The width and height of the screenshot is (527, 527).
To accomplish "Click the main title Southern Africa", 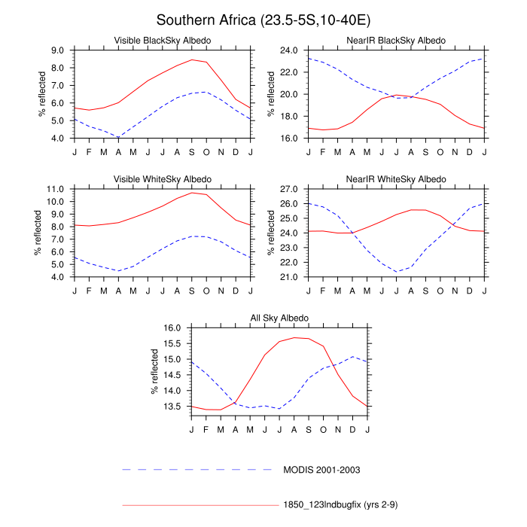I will [x=263, y=19].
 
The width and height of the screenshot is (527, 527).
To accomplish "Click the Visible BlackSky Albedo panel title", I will [x=162, y=40].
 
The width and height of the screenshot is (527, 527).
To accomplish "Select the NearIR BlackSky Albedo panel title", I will [x=397, y=40].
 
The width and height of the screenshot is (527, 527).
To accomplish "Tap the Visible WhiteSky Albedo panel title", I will [x=162, y=178].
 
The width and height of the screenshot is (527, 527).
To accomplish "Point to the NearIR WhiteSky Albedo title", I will [x=397, y=178].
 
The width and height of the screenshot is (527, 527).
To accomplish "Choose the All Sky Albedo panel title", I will [x=279, y=318].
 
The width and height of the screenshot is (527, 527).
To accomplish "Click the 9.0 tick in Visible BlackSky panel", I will [x=57, y=50].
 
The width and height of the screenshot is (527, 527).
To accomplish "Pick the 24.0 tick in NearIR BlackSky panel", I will [x=291, y=50].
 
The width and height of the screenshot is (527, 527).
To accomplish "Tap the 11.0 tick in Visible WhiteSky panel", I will [x=57, y=189].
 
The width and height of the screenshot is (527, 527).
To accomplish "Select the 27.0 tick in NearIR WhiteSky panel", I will [x=291, y=189].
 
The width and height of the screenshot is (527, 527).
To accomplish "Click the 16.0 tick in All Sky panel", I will [x=174, y=328].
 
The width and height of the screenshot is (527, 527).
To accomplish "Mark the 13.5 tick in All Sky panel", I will [x=174, y=407].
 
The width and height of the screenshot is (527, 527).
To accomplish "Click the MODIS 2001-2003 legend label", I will [x=321, y=470].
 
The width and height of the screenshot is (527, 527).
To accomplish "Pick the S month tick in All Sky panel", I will [x=309, y=429].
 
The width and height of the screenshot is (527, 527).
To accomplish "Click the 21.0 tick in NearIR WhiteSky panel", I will [x=291, y=277].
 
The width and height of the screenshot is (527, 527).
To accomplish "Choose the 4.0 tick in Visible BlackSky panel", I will [x=57, y=139].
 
